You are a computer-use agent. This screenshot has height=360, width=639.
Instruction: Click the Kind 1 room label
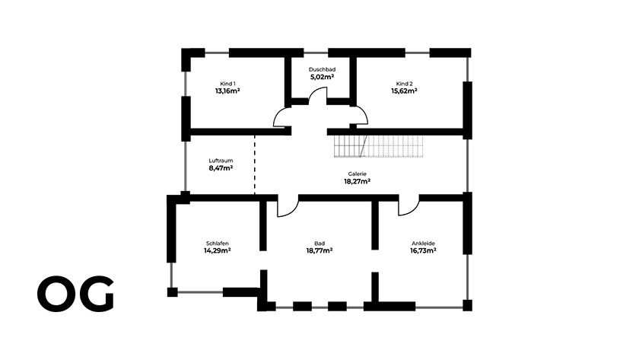(x=227, y=84)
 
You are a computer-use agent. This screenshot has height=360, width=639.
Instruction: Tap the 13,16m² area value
(x=227, y=91)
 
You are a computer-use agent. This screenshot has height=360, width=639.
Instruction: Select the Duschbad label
(x=322, y=69)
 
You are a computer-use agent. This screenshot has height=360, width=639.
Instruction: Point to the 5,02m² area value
(x=322, y=77)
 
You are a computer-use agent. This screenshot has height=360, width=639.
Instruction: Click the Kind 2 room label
(x=404, y=84)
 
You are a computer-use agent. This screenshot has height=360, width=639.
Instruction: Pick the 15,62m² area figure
(x=404, y=91)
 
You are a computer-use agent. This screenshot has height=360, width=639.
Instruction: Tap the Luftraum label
(x=221, y=161)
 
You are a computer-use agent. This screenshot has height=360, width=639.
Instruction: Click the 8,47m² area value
(x=221, y=168)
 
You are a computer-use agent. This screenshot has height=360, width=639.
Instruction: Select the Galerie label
(x=357, y=174)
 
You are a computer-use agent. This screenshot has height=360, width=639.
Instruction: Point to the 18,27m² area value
(x=357, y=181)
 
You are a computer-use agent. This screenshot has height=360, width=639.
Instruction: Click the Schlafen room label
(x=218, y=244)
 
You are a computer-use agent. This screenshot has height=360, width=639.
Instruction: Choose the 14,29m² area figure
(x=218, y=250)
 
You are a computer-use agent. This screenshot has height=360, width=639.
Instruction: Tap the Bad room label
(x=319, y=244)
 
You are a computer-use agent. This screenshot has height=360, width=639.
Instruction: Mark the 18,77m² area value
(x=319, y=250)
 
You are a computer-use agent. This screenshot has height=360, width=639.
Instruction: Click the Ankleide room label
(x=423, y=244)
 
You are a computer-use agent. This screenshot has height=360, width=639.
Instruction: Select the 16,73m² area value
(x=423, y=250)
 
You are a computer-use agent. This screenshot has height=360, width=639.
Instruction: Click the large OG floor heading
(x=76, y=294)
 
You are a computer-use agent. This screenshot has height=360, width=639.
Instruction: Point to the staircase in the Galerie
(x=379, y=146)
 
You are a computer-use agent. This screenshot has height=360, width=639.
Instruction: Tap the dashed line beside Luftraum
(x=255, y=164)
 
